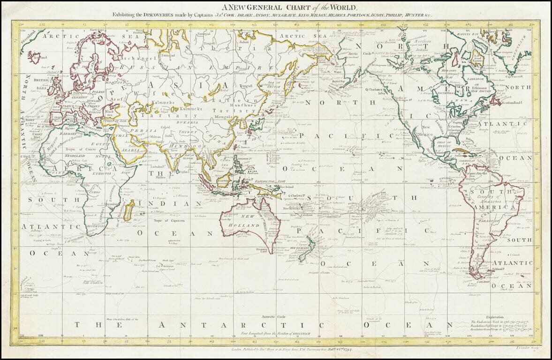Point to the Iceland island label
pos(36,57)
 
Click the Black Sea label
pos(110,112)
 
